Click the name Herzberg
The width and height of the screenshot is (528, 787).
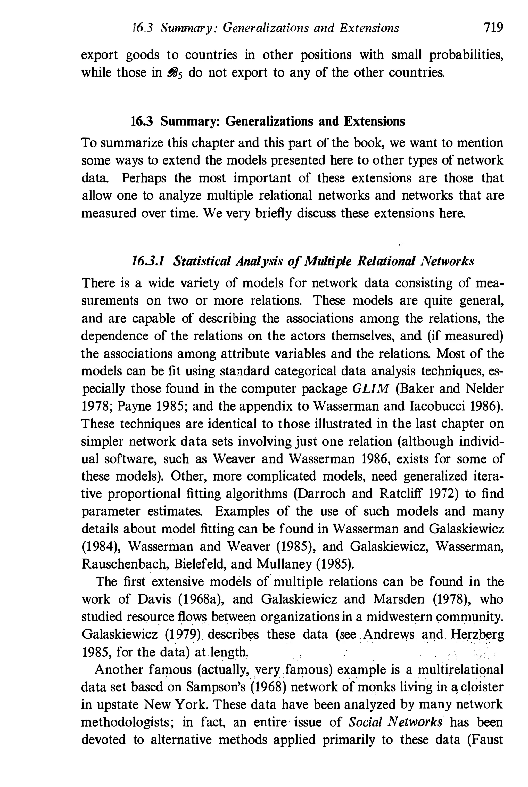pyautogui.click(x=477, y=635)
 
